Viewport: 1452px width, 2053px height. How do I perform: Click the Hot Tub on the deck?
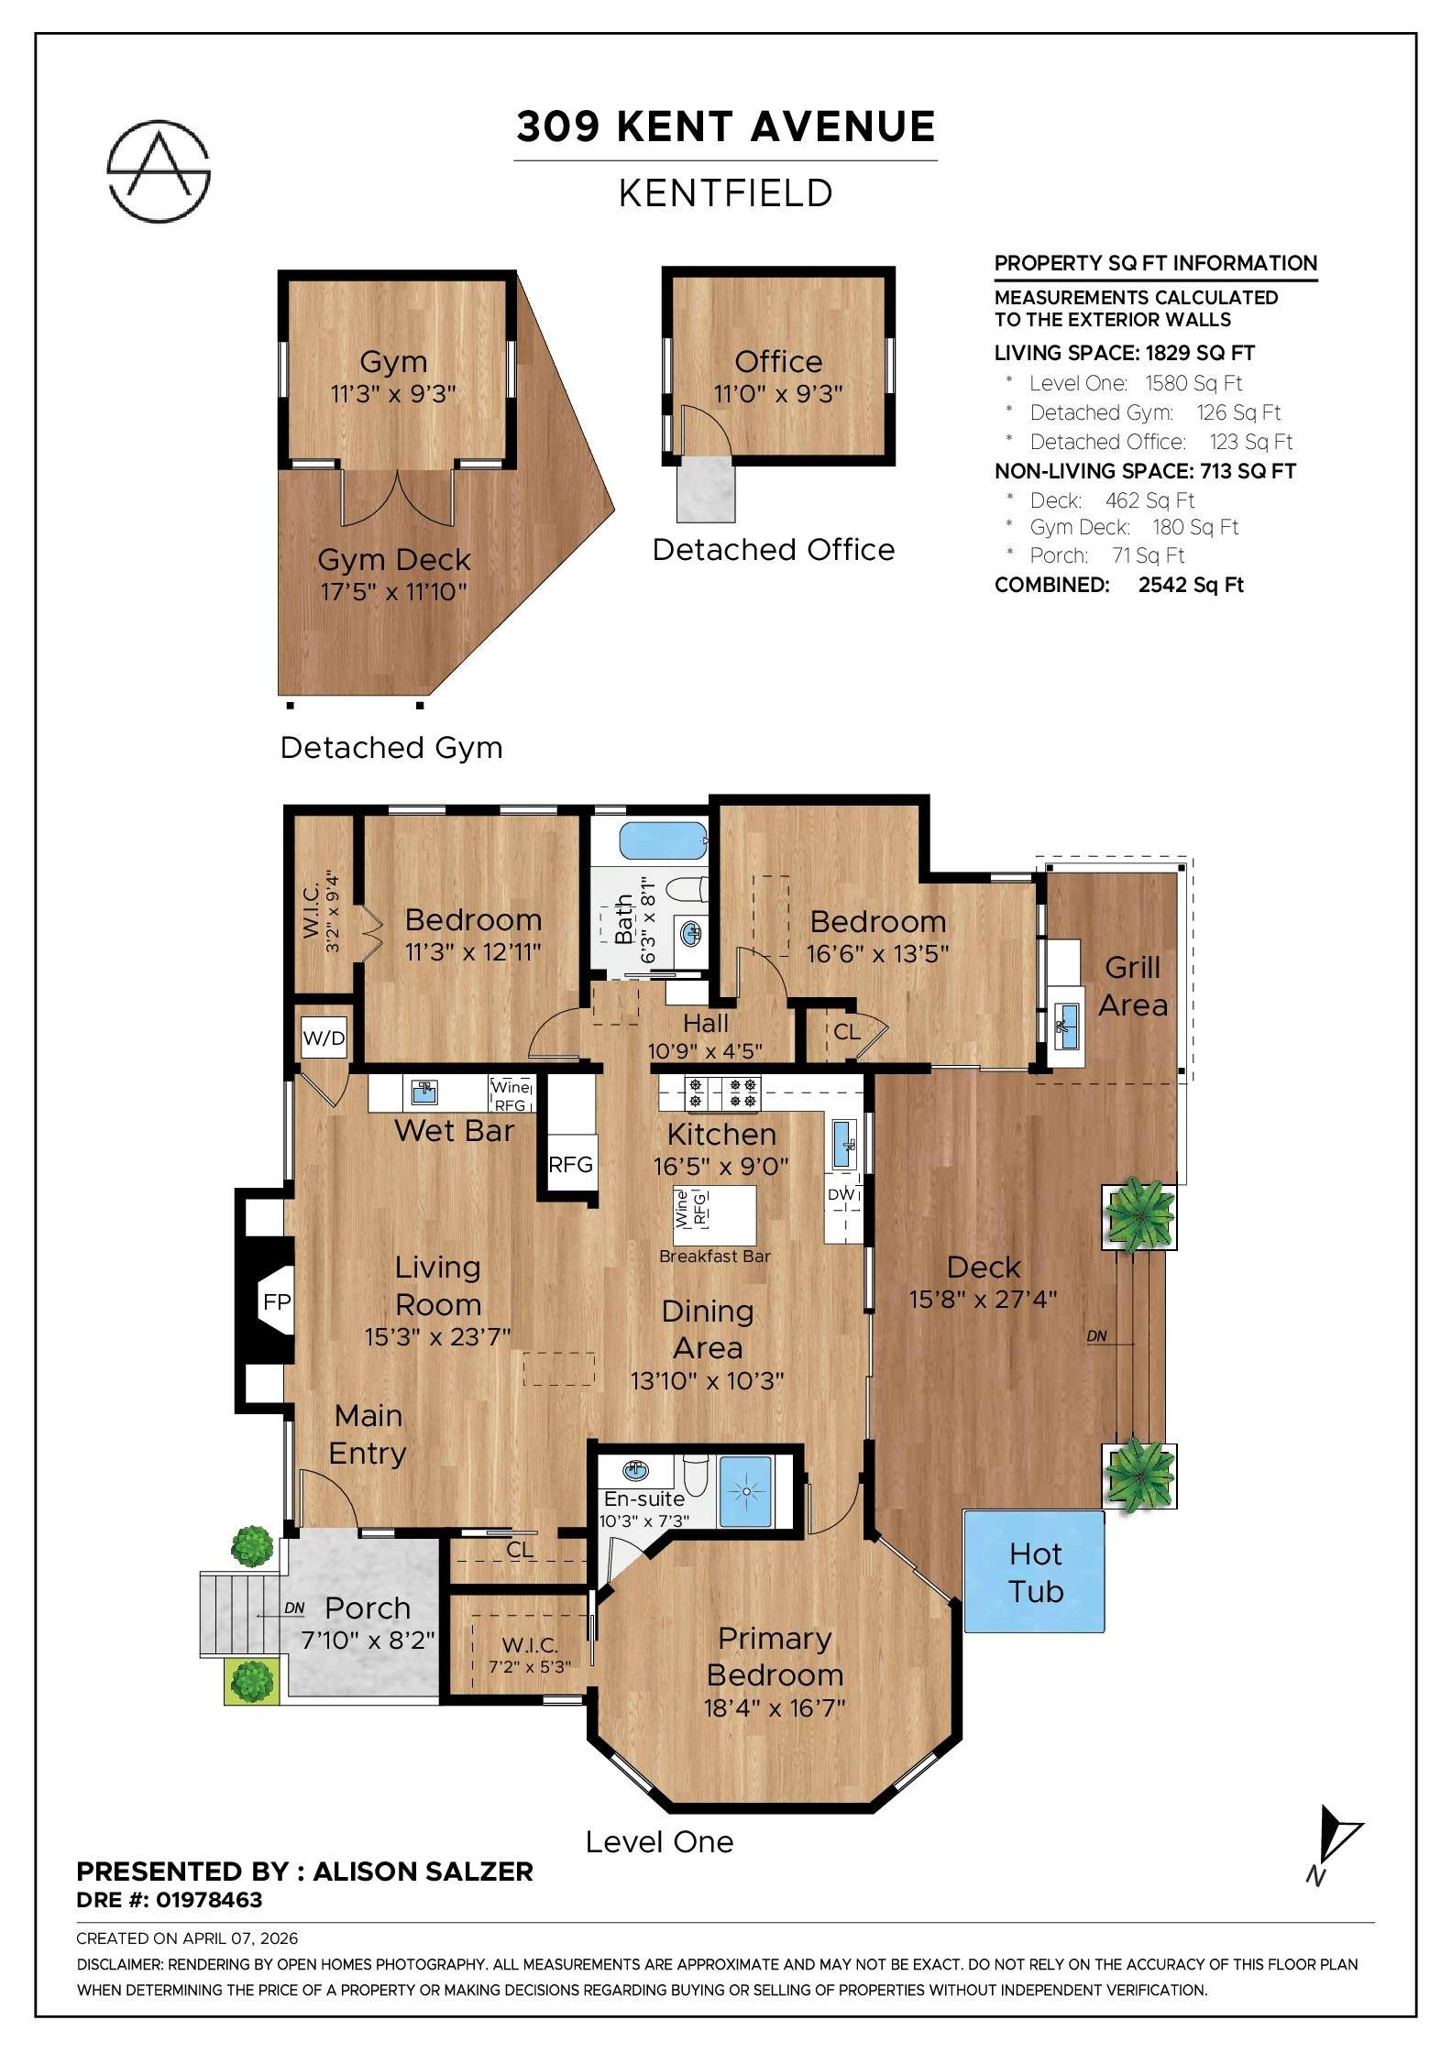[x=1034, y=1572]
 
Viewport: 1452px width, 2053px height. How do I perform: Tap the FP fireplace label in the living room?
[x=276, y=1301]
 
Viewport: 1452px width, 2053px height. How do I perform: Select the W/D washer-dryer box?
[x=324, y=1038]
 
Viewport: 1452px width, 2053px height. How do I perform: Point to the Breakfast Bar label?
[x=714, y=1257]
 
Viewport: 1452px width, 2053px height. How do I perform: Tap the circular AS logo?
[x=159, y=170]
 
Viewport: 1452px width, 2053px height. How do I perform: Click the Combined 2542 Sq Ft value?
[x=1190, y=585]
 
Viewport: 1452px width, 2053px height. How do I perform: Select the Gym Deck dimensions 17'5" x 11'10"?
[x=393, y=592]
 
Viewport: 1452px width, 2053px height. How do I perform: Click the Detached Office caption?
[x=773, y=550]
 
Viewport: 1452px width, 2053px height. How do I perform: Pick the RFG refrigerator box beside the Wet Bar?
[x=570, y=1164]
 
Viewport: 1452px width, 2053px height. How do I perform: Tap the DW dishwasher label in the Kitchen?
[x=841, y=1194]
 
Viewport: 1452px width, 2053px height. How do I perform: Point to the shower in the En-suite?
[x=745, y=1492]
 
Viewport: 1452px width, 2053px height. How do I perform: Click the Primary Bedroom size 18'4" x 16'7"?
[x=774, y=1708]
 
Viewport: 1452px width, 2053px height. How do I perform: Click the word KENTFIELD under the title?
[x=725, y=193]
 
